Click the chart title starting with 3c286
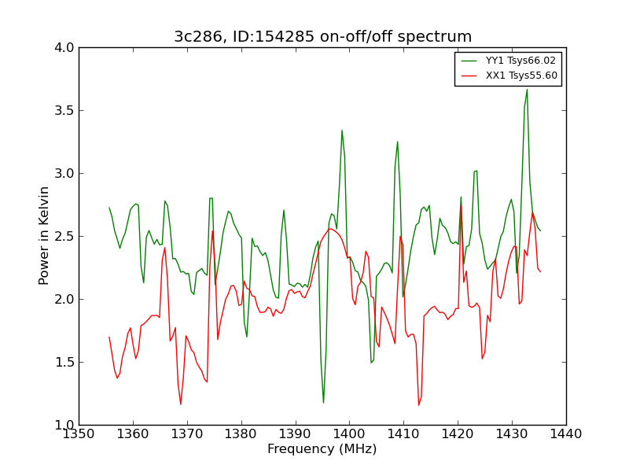[x=322, y=36]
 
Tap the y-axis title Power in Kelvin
[x=44, y=235]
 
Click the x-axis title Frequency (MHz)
[x=322, y=448]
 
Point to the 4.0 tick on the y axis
[x=64, y=48]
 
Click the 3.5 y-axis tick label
[x=64, y=110]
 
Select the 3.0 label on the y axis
[x=64, y=173]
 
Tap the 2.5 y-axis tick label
[x=64, y=237]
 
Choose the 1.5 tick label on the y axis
[x=64, y=362]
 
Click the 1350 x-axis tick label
[x=79, y=434]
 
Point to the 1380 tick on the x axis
[x=241, y=434]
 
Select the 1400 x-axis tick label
[x=349, y=434]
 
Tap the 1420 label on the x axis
[x=458, y=434]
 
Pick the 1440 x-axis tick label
[x=566, y=434]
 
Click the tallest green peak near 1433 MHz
[x=527, y=90]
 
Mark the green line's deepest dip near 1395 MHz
[x=323, y=403]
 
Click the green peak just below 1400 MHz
[x=342, y=131]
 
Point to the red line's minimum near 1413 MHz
[x=419, y=405]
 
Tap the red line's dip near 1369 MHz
[x=181, y=404]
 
